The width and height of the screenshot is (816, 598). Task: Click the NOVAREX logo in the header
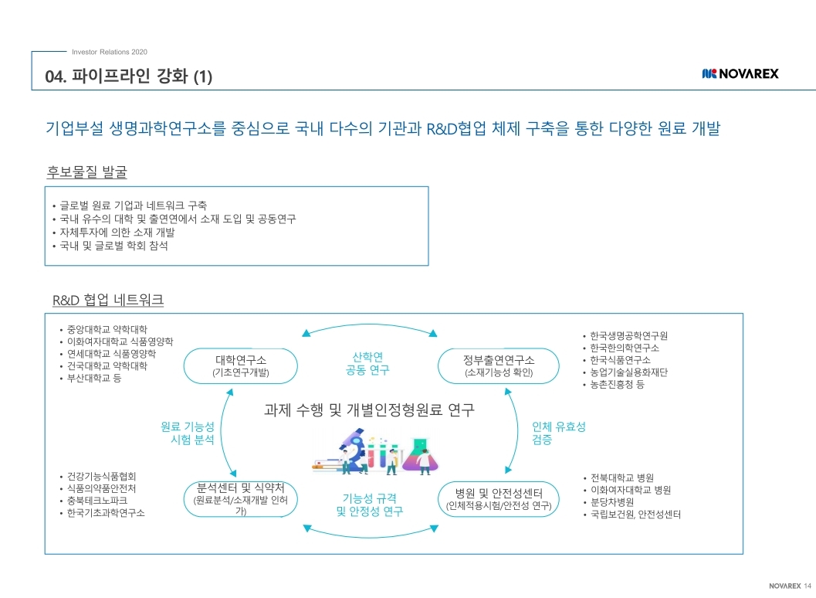(740, 73)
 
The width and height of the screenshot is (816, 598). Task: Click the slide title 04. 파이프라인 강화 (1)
(129, 76)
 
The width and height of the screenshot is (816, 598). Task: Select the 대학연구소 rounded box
(240, 365)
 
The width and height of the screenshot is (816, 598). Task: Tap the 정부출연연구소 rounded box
(498, 365)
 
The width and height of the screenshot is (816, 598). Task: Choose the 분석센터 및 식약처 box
(240, 499)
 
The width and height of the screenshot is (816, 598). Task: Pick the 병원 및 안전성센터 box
(498, 499)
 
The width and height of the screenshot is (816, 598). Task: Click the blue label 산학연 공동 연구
(367, 363)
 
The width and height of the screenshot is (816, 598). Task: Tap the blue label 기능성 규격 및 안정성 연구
(369, 505)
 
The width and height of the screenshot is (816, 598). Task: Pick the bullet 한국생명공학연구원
(628, 336)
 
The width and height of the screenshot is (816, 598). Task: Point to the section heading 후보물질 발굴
(87, 171)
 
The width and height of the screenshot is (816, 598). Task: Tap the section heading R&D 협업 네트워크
(107, 300)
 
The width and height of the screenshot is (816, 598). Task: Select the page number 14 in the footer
(808, 584)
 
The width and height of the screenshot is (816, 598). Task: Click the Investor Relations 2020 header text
(109, 52)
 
